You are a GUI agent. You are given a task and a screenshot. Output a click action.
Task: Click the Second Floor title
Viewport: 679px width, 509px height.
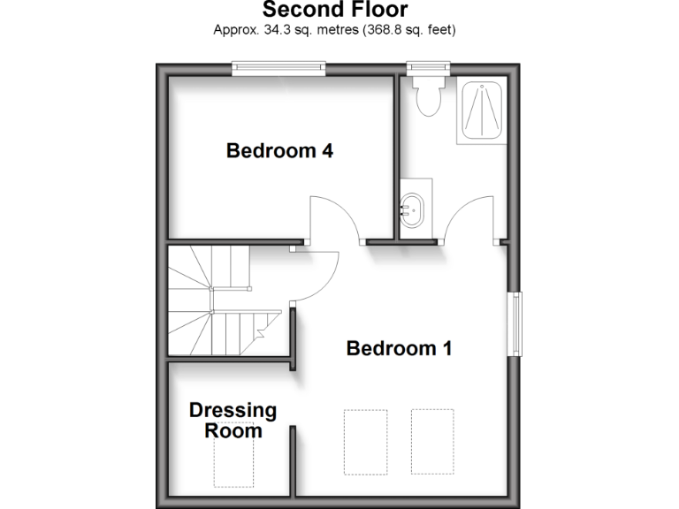tap(335, 11)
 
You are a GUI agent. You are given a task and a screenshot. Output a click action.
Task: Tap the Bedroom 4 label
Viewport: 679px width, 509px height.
tap(279, 151)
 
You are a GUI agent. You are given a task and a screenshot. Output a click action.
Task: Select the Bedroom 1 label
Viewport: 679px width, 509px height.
tap(399, 348)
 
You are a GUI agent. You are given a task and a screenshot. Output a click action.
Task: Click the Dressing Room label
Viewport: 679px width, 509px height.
tap(233, 421)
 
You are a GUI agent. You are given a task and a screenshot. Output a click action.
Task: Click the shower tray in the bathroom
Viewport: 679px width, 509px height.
tap(481, 110)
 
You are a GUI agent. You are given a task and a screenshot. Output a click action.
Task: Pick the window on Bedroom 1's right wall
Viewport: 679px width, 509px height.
tap(514, 323)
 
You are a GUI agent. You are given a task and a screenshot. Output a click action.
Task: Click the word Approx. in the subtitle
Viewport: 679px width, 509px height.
tap(232, 30)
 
